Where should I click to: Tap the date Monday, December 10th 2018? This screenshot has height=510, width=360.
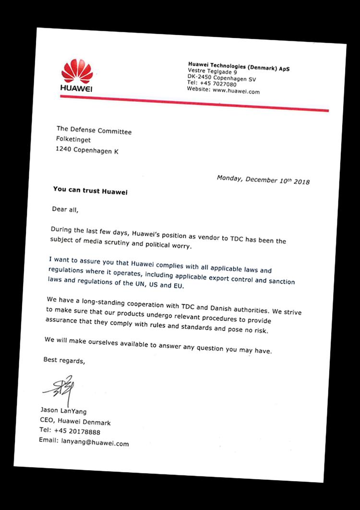coord(263,180)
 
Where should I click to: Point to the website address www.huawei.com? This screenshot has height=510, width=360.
coord(236,90)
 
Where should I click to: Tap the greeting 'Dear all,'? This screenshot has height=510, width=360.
coord(64,209)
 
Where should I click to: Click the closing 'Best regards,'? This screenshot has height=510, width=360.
coord(64,360)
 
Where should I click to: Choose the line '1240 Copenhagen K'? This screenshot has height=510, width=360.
coord(86,151)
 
